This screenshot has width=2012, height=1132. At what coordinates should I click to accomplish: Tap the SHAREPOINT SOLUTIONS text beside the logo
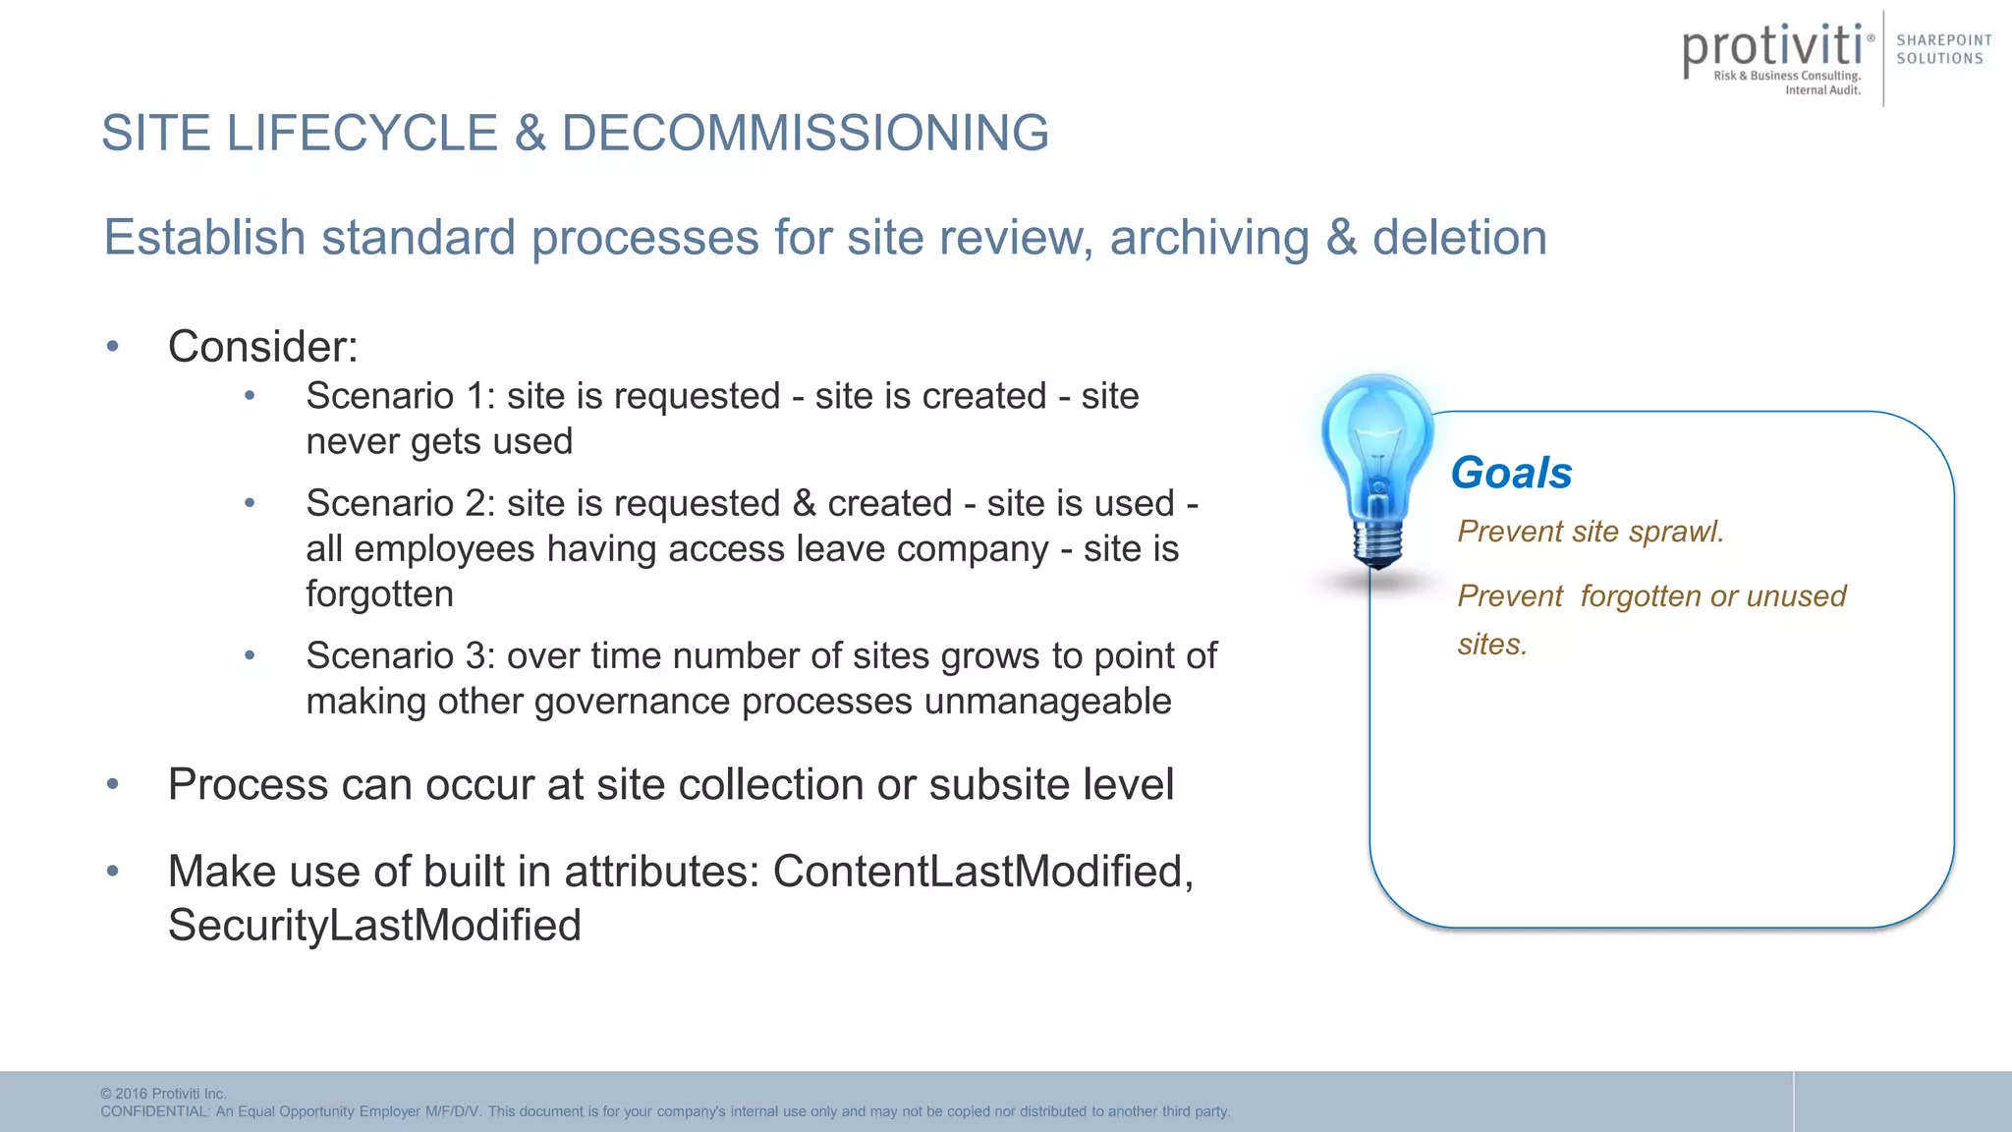click(x=1943, y=49)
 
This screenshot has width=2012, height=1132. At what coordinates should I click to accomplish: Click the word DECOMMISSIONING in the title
click(x=805, y=133)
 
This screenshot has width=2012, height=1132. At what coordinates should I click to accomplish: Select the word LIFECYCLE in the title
click(x=363, y=133)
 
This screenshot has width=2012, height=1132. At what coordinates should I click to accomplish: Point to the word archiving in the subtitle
click(x=1209, y=238)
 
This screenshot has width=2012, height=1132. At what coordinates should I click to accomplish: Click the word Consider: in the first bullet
click(x=262, y=347)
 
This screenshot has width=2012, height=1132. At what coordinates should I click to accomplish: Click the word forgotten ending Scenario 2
click(x=379, y=594)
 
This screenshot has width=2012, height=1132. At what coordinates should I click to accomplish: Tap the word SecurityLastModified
click(x=374, y=926)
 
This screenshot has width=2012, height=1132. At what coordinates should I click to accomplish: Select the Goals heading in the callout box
click(x=1511, y=473)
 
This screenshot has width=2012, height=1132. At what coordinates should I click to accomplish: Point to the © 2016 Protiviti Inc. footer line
click(x=163, y=1094)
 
